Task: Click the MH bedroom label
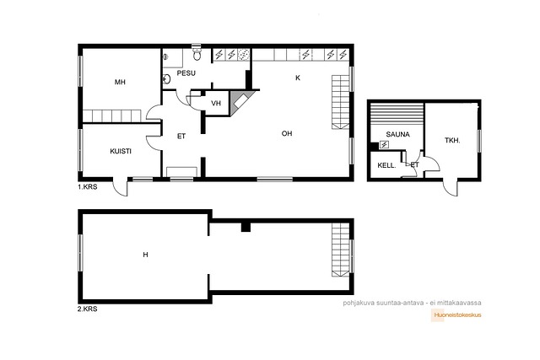click(x=120, y=83)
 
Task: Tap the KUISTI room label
click(x=121, y=152)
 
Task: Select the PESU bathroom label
click(x=186, y=73)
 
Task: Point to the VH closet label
click(x=216, y=103)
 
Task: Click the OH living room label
click(x=287, y=133)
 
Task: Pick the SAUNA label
click(x=397, y=135)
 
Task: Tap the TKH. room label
click(x=452, y=141)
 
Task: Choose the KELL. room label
click(x=386, y=165)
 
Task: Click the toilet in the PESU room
click(x=197, y=52)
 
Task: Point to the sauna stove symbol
click(x=384, y=145)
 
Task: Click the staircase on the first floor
click(x=341, y=102)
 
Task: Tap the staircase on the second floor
click(x=341, y=250)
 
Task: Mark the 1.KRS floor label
click(x=88, y=187)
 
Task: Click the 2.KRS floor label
click(x=88, y=309)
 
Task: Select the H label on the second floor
click(x=145, y=255)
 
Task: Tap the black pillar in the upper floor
click(x=246, y=227)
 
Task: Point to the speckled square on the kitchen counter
click(x=244, y=55)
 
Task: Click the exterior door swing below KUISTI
click(x=120, y=188)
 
